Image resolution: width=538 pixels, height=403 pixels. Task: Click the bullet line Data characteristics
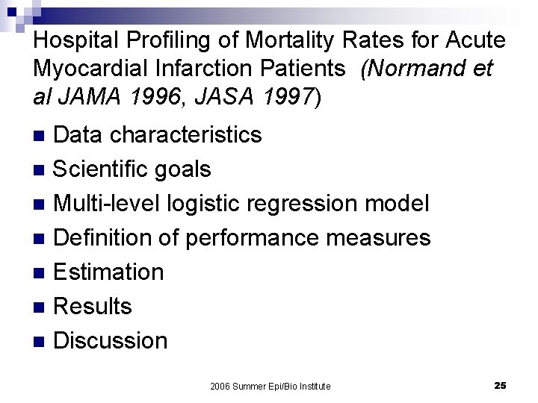(x=158, y=134)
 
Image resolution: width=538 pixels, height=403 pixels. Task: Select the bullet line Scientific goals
(x=133, y=169)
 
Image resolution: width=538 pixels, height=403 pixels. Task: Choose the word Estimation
(x=109, y=272)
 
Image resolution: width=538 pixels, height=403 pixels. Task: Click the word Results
(x=93, y=306)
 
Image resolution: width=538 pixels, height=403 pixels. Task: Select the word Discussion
(x=111, y=340)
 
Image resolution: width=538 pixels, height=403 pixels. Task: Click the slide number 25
(x=500, y=385)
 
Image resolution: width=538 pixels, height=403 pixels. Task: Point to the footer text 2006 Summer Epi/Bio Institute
(x=270, y=386)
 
